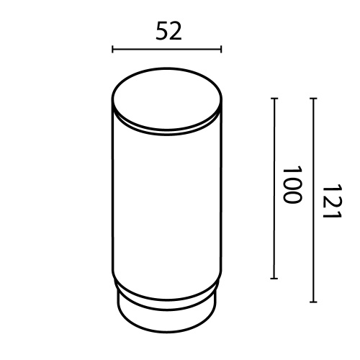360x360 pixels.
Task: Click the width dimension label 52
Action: click(167, 31)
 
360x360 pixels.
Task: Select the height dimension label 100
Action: click(290, 186)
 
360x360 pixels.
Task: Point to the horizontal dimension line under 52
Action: click(167, 50)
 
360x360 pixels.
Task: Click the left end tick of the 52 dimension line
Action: click(113, 50)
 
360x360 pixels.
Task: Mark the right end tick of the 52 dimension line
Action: click(221, 50)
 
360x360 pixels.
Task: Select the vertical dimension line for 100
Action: click(274, 187)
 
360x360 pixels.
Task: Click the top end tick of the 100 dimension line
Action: click(274, 98)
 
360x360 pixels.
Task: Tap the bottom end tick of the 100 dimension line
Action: click(274, 278)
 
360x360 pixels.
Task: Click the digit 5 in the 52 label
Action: click(160, 31)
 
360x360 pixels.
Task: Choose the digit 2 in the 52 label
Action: click(174, 31)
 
